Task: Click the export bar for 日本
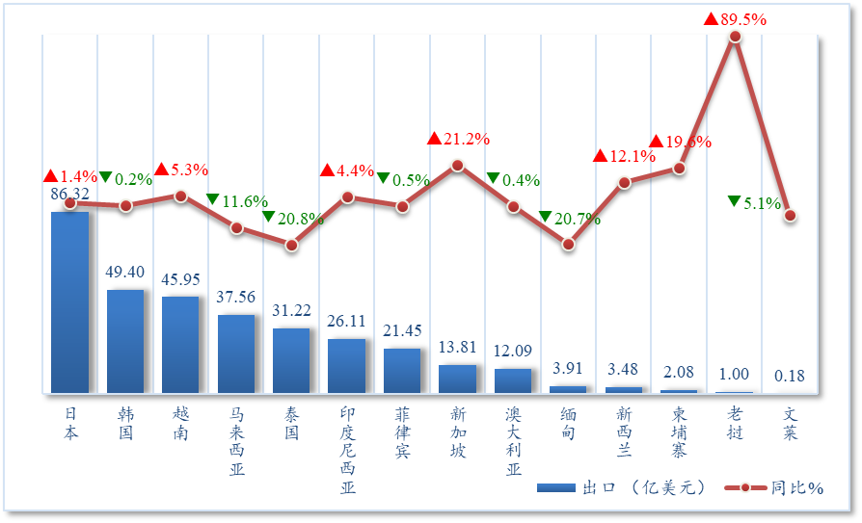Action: point(69,301)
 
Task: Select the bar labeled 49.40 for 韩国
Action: point(125,341)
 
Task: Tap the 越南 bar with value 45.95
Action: point(180,344)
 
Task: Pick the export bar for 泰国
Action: point(291,360)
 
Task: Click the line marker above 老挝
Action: point(735,37)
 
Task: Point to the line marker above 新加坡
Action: point(458,165)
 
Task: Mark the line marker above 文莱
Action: point(790,216)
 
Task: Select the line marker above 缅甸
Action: point(569,245)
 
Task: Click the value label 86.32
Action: point(69,194)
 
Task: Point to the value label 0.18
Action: point(790,376)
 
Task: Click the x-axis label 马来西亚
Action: point(236,441)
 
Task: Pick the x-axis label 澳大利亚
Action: point(513,441)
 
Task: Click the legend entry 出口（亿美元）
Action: point(622,487)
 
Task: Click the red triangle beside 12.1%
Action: point(600,156)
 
